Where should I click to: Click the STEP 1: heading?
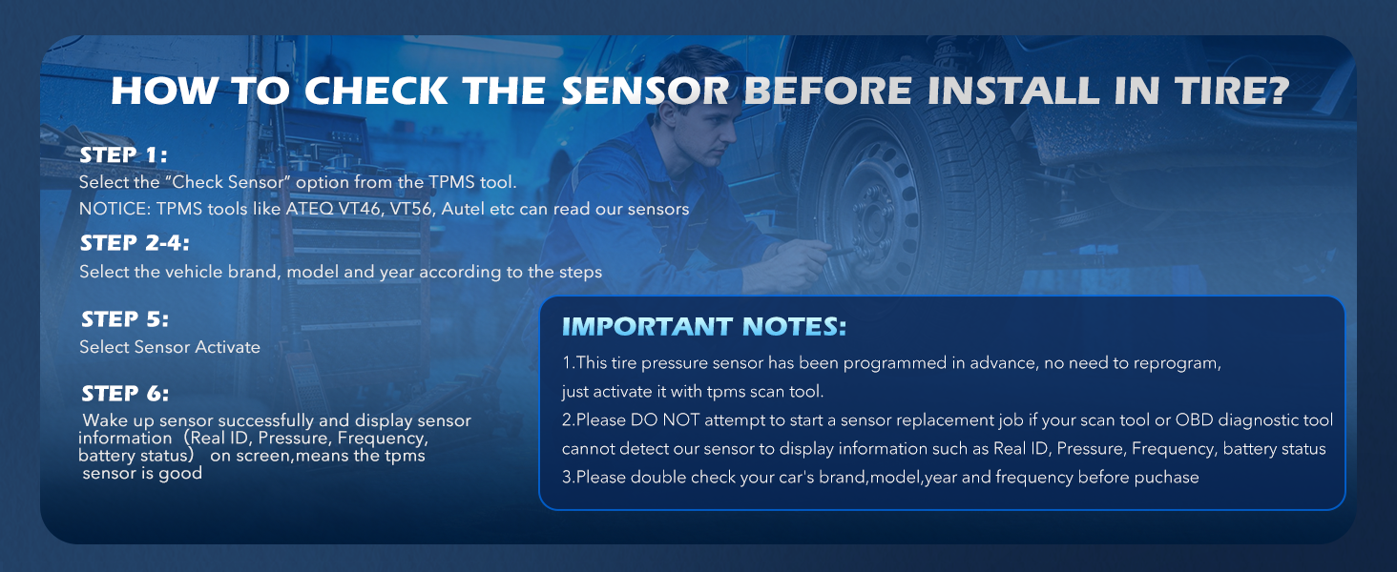coord(124,154)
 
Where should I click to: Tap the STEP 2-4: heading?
coord(135,243)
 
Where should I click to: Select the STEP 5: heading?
coord(125,319)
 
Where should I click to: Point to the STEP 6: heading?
coord(125,394)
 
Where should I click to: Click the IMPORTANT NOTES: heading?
coord(704,327)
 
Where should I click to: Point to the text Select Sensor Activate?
coord(170,347)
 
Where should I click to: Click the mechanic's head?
coord(710,124)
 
